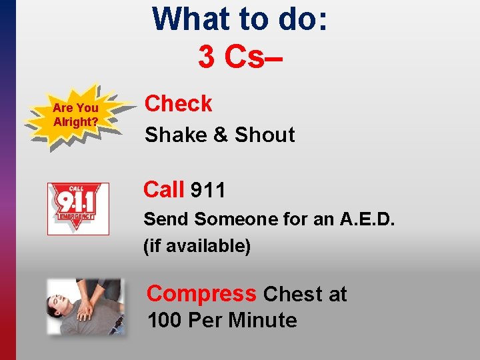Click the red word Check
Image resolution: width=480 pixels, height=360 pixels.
click(179, 104)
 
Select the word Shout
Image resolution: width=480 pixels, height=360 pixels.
click(265, 135)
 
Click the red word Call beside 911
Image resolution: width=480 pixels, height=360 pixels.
click(164, 190)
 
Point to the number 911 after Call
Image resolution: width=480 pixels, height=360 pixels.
click(208, 191)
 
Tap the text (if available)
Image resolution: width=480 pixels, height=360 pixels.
click(197, 246)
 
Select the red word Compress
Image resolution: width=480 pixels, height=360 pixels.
click(201, 293)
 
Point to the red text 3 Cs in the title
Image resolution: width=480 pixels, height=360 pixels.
click(240, 57)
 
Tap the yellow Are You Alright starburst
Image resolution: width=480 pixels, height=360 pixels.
click(76, 114)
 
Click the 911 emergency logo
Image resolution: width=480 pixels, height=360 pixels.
click(78, 209)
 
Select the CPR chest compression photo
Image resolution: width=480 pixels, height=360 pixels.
click(85, 305)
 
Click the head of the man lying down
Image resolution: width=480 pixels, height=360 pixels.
click(59, 305)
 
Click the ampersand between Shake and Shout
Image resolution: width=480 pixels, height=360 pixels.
click(220, 135)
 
